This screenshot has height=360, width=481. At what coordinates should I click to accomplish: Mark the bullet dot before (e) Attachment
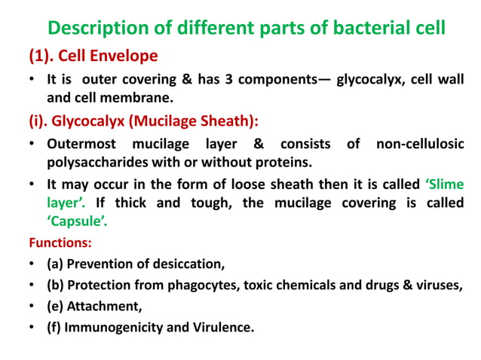[x=33, y=307]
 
